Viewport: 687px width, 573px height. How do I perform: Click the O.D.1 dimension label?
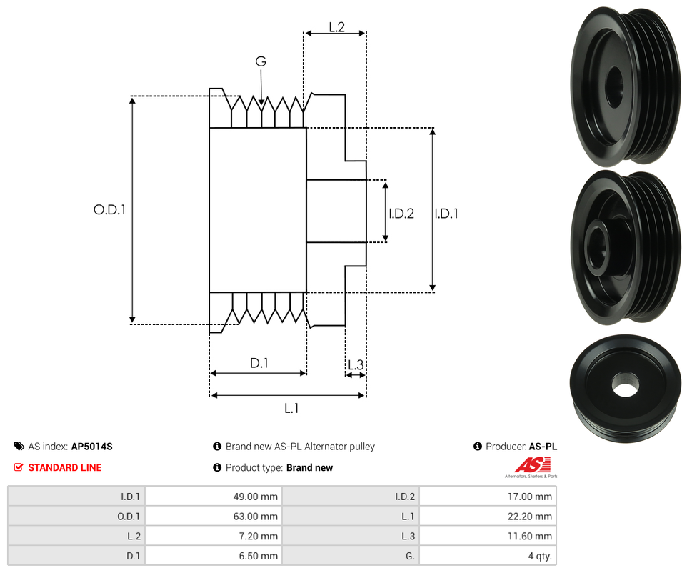click(x=109, y=210)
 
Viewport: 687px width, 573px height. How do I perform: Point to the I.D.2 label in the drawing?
click(x=401, y=213)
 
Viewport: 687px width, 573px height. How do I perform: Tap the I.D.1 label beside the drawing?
click(x=446, y=213)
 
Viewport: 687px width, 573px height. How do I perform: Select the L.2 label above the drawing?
click(x=336, y=27)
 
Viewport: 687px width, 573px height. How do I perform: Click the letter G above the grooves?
click(x=261, y=61)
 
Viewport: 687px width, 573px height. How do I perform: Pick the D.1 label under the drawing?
click(x=259, y=363)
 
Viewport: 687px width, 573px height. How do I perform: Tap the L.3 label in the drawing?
click(x=355, y=364)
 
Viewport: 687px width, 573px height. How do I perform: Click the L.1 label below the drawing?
click(x=291, y=408)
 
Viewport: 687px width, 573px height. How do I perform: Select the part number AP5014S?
click(x=91, y=447)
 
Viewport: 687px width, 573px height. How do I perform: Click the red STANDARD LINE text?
click(x=64, y=467)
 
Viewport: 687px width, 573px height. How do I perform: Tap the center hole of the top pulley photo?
click(x=614, y=87)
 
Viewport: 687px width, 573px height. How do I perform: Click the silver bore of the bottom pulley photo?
click(x=625, y=389)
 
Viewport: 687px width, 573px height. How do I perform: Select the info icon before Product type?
click(x=217, y=467)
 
